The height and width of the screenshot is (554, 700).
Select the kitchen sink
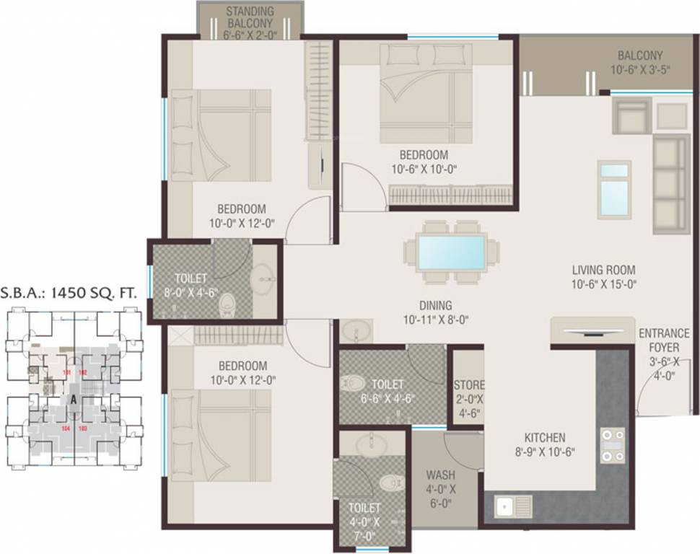(x=513, y=506)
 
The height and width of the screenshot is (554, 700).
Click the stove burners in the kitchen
(x=613, y=446)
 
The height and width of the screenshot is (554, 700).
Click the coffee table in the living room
(x=614, y=188)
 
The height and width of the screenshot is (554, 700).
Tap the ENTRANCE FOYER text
(x=664, y=340)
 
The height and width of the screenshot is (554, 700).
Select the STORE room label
(x=468, y=385)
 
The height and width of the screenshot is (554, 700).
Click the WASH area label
(x=440, y=475)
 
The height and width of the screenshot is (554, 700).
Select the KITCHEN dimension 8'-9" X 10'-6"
(x=545, y=453)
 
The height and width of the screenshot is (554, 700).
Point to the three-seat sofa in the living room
(x=670, y=183)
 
